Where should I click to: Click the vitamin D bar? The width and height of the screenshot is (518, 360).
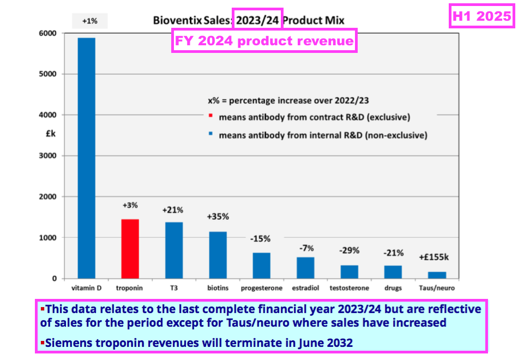click(x=86, y=158)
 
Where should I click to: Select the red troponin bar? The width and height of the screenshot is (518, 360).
click(x=130, y=249)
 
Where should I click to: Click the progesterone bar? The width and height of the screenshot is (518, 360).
click(x=261, y=266)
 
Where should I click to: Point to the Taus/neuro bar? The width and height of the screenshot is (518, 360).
click(x=437, y=275)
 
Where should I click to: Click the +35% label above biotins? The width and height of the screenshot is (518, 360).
click(x=218, y=217)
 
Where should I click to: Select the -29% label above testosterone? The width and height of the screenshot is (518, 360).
click(x=349, y=250)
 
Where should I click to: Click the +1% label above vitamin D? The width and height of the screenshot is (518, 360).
click(x=90, y=21)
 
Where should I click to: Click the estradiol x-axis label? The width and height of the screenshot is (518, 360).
click(x=305, y=288)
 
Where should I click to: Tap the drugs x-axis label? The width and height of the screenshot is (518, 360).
click(x=393, y=288)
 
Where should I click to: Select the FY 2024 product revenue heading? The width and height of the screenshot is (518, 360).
click(x=264, y=41)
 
